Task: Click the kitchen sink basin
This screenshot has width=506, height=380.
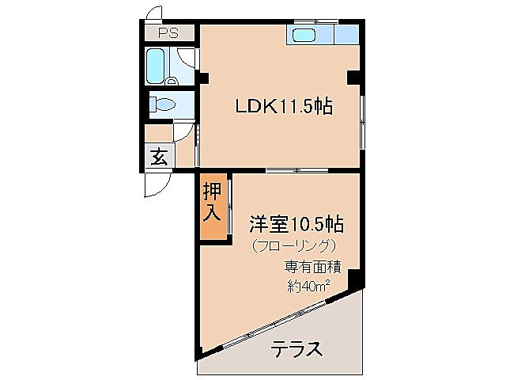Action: click(304, 35)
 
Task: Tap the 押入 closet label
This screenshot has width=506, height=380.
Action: click(211, 202)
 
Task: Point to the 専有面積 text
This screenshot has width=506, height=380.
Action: click(307, 267)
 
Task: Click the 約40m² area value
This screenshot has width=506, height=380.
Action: click(307, 286)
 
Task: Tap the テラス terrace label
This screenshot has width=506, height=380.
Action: click(296, 348)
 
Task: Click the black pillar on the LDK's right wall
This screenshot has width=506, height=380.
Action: click(353, 78)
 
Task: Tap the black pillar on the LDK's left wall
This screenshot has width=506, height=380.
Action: click(203, 78)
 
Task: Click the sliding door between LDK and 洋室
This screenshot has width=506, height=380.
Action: click(297, 170)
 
